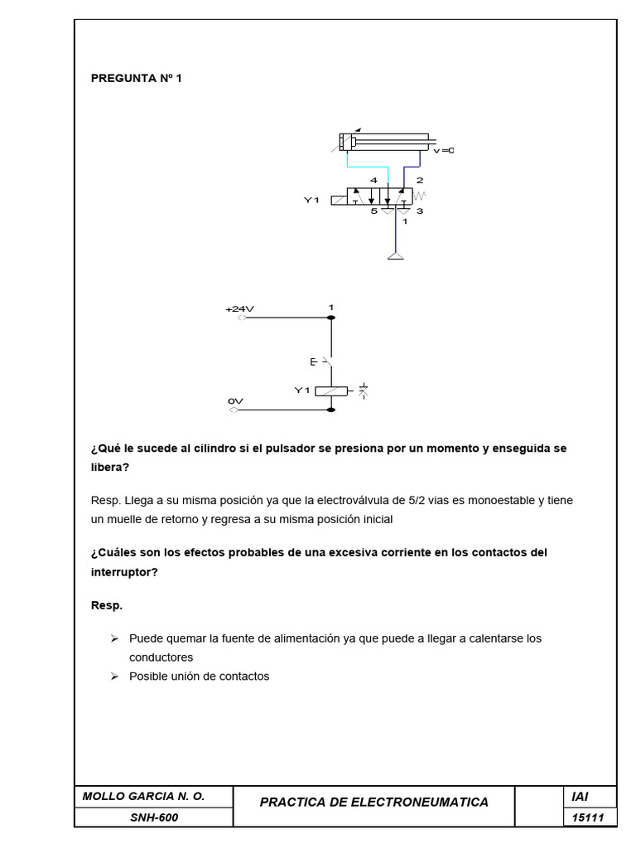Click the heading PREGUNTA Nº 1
136,79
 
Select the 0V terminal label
235,400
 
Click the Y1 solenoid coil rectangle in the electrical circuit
331,391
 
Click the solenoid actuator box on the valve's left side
340,199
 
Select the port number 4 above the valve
374,180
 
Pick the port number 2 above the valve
420,180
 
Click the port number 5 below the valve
373,211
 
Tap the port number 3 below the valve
420,211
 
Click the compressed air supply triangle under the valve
397,256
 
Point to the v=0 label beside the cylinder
445,150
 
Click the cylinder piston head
353,142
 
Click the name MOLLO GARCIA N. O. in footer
144,796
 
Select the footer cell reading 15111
588,818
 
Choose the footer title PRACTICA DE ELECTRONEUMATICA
374,802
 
